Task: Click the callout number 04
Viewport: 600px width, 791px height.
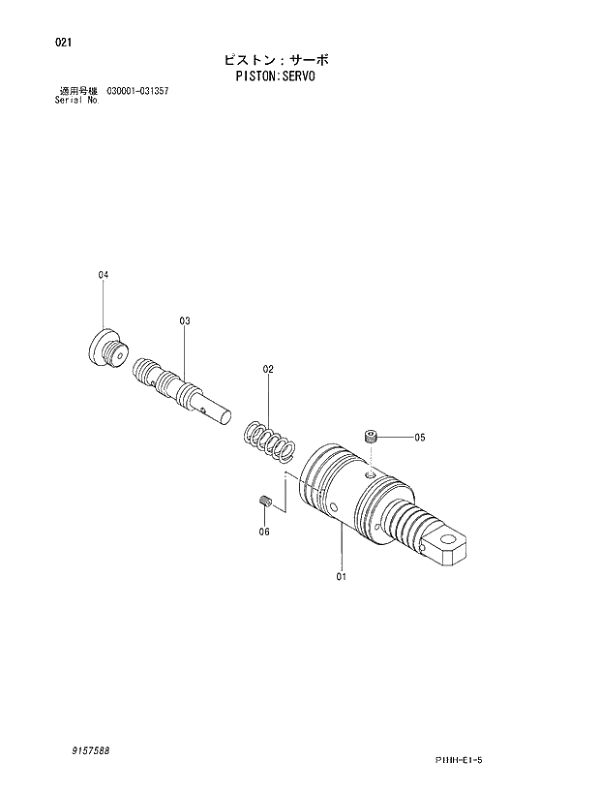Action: [104, 275]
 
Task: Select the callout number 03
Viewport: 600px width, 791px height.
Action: [184, 319]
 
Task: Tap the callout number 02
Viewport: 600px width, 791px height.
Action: [268, 369]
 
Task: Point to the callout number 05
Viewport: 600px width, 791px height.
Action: [419, 437]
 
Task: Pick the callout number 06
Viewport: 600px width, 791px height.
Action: [263, 532]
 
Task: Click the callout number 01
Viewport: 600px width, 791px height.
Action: [342, 577]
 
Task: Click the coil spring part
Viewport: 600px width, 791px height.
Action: [268, 441]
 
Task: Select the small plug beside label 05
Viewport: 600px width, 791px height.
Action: [370, 437]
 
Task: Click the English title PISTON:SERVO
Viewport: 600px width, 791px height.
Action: [276, 76]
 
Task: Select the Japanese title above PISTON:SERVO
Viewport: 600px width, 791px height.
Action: [276, 59]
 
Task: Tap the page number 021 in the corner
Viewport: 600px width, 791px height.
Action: [64, 43]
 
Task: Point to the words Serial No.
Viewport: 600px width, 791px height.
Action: [77, 100]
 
